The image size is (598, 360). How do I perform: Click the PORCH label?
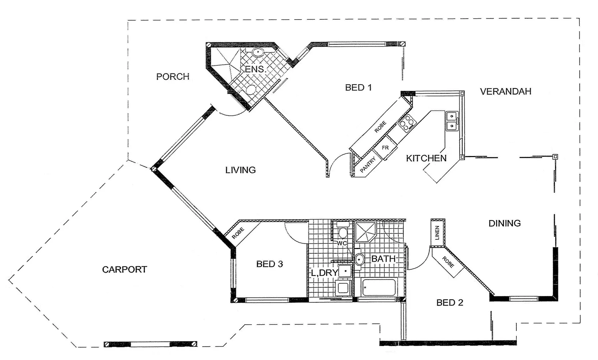coord(173,77)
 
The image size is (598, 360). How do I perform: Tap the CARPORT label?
coord(124,269)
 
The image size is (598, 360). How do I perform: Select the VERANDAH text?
coord(505,92)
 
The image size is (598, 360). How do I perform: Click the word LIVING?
coord(240,170)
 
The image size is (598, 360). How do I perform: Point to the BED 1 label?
coord(358,88)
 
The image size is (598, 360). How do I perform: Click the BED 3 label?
coord(269,264)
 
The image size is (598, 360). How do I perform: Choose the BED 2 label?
coord(449,303)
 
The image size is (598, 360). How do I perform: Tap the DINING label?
coord(504,223)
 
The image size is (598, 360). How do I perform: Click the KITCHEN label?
coord(426,158)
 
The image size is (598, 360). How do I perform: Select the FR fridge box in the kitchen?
coord(385,148)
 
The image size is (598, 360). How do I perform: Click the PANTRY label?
coord(368,165)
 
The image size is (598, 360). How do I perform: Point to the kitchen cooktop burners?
coord(407,122)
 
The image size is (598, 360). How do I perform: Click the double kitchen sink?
coord(451,121)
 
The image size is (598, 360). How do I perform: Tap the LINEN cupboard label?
coord(437,232)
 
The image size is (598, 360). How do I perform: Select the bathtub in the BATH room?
coord(379,287)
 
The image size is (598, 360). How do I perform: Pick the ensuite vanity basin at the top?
coord(258,52)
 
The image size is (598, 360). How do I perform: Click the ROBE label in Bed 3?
coord(238,233)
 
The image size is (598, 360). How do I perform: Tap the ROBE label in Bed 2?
coord(448,262)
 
